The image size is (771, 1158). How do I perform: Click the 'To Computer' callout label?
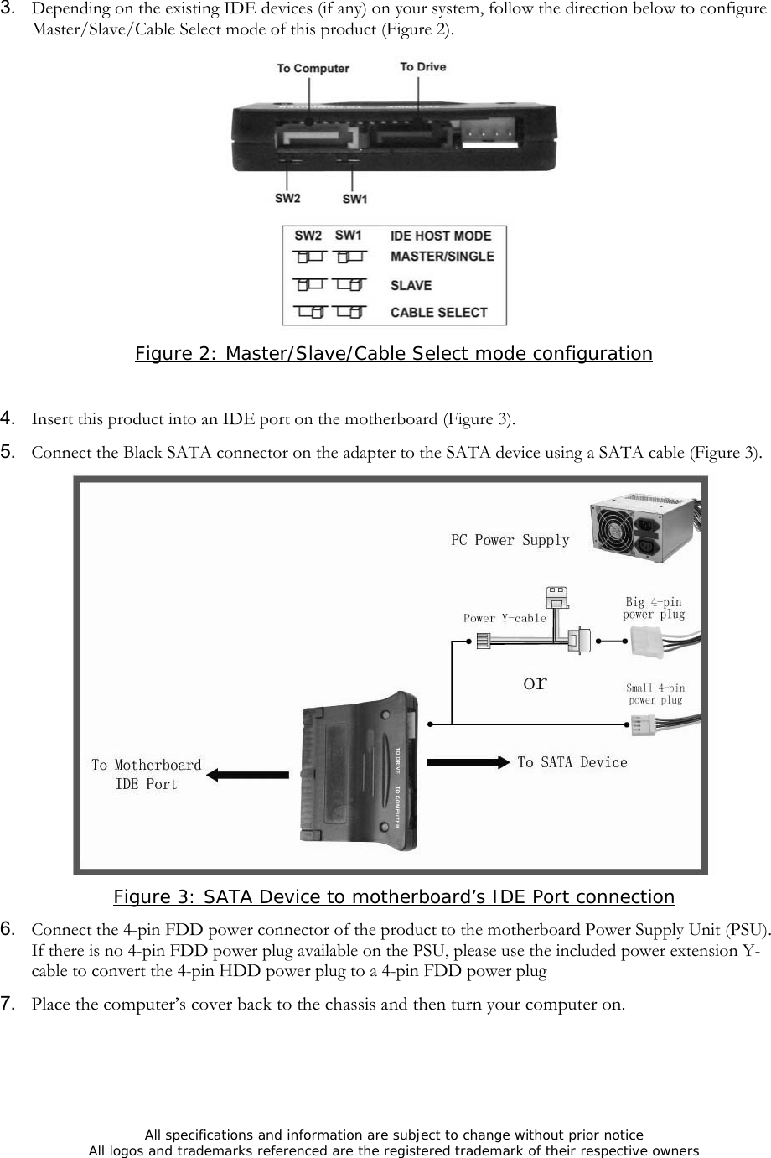313,68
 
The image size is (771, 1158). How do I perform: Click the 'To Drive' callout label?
422,66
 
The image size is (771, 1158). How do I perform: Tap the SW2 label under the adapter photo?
287,199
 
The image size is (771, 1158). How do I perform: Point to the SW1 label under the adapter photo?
354,200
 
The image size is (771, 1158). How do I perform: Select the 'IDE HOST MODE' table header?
441,236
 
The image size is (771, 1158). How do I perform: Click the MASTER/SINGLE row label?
442,257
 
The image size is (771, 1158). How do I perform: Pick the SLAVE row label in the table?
411,286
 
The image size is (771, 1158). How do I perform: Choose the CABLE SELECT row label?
438,313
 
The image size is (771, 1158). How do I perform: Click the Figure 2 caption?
393,354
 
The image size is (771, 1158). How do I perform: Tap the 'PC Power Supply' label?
510,540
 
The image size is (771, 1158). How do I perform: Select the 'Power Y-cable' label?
505,618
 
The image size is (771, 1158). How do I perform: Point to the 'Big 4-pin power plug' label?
654,608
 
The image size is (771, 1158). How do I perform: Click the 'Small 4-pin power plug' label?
655,693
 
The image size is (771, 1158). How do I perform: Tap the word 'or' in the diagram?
535,683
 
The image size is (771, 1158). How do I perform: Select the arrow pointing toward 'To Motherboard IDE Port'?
247,775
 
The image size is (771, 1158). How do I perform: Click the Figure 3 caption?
393,897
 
